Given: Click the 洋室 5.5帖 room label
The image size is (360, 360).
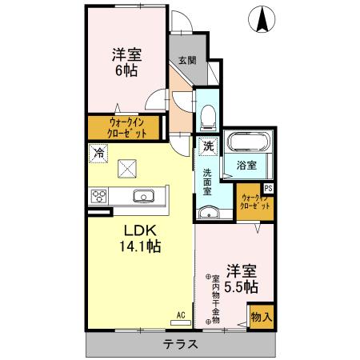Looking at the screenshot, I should (x=241, y=278).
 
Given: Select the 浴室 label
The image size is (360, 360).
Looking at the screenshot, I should (x=246, y=166).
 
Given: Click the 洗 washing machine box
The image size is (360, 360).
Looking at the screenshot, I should (x=207, y=146).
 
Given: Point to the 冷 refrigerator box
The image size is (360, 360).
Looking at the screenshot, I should (x=99, y=150).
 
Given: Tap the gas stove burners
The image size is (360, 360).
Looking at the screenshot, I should (x=100, y=196).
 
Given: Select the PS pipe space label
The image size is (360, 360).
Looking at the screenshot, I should (x=268, y=188).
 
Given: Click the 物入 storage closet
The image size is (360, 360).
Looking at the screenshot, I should (x=261, y=316).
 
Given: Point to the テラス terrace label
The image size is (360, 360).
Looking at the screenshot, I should (x=181, y=345).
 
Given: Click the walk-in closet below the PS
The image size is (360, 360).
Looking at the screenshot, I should (x=255, y=201).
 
